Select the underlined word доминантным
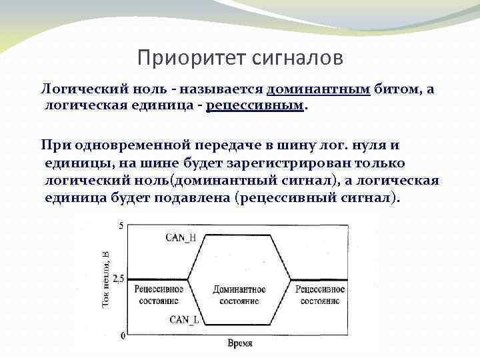318,89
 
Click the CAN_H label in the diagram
183,237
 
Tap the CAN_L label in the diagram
184,319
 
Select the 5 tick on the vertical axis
121,227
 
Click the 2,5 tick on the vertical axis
118,279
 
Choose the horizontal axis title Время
240,343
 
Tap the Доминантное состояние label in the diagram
239,295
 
